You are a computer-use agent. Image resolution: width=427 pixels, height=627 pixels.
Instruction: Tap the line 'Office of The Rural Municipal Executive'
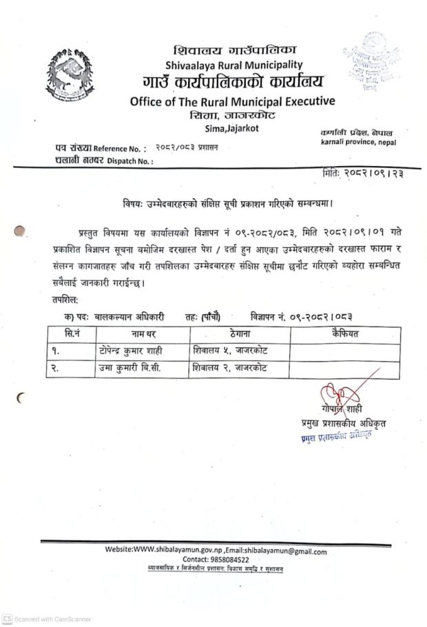232,102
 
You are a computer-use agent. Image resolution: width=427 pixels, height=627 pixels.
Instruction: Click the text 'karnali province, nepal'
358,142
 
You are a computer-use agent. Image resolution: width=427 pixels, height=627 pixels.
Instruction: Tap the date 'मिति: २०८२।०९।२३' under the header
363,174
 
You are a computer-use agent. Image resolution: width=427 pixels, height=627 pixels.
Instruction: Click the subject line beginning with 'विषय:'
231,203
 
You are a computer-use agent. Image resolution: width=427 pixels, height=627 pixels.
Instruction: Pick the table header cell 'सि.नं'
70,334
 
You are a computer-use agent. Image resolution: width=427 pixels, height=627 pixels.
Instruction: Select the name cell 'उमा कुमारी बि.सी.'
129,368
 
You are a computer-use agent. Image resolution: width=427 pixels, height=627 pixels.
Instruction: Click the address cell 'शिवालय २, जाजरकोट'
231,368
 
